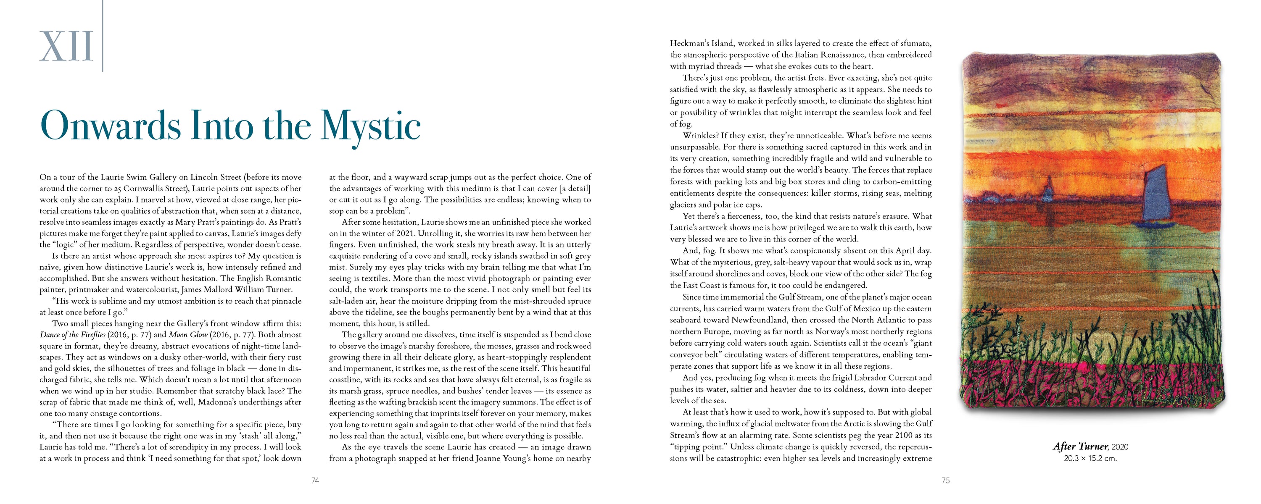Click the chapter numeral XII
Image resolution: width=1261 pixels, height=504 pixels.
click(66, 47)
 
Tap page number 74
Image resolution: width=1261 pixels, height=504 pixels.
click(315, 481)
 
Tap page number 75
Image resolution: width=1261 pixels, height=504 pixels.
click(945, 481)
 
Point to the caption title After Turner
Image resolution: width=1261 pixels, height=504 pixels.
click(1080, 447)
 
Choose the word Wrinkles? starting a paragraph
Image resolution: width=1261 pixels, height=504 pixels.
click(701, 136)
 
